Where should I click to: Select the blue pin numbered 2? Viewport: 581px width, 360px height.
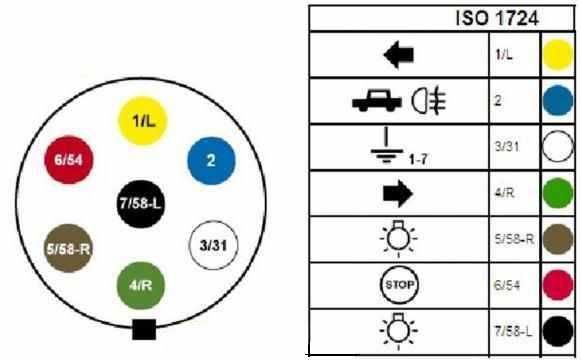pos(211,159)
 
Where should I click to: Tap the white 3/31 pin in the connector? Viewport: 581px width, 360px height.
pos(211,244)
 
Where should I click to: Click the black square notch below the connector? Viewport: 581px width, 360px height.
pos(144,327)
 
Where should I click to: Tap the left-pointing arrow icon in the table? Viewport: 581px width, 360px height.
pos(398,56)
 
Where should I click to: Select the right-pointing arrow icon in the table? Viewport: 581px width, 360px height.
pos(398,191)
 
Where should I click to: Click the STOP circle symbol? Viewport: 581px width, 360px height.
pos(398,283)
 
